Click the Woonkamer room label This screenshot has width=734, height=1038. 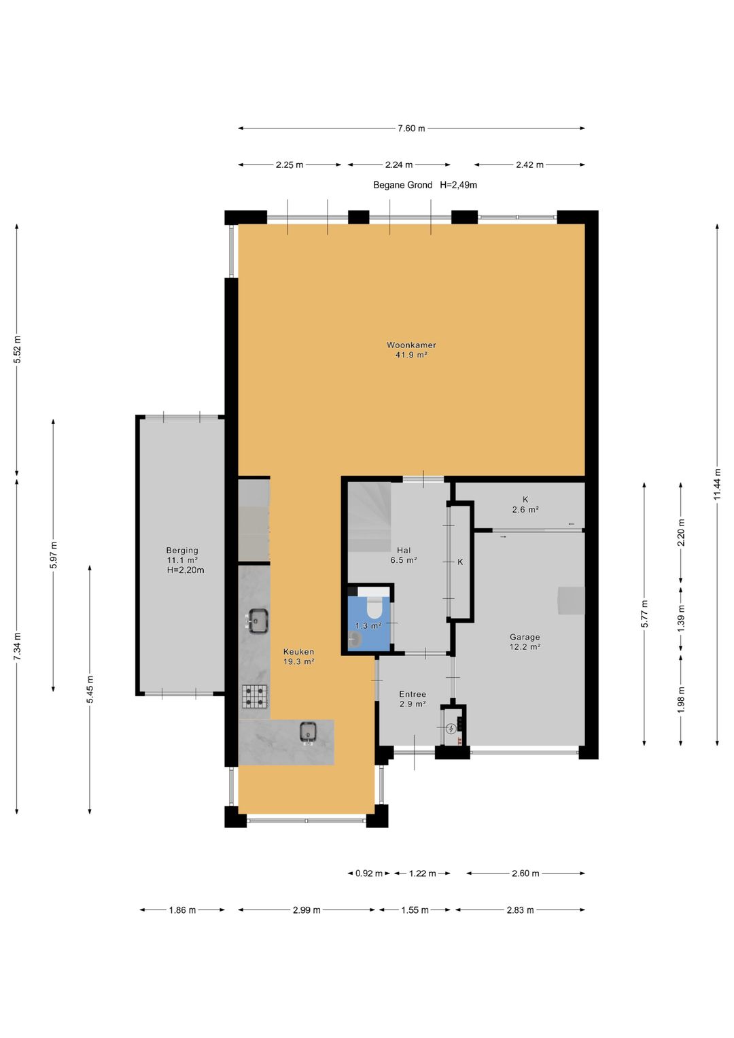[411, 345]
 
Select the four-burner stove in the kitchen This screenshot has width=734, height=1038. [255, 697]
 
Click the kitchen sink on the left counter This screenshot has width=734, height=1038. [257, 621]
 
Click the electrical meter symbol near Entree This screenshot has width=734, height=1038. [451, 729]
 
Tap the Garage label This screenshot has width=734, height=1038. [525, 637]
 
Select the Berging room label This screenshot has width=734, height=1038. [182, 550]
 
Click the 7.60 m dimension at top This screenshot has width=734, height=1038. [411, 128]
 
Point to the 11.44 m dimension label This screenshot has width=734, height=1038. [717, 484]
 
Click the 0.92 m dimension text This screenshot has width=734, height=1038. [369, 873]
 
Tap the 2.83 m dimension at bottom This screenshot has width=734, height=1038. [520, 910]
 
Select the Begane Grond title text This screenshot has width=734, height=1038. [402, 185]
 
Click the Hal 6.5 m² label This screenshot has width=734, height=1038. [404, 555]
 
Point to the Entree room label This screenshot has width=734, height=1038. [413, 693]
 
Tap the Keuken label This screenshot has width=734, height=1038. [299, 651]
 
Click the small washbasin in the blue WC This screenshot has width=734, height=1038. [355, 640]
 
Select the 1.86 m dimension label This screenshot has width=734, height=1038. [182, 910]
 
